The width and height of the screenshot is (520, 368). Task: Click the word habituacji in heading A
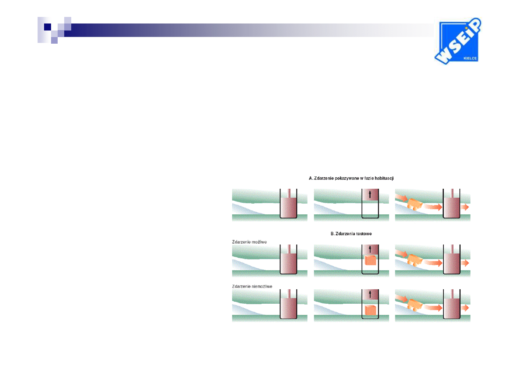tap(384, 178)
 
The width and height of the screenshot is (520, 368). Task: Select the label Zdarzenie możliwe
tap(250, 242)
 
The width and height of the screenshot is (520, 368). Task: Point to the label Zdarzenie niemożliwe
tap(252, 286)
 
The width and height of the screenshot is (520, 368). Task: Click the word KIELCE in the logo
tap(470, 59)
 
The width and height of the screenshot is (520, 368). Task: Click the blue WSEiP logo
tap(457, 41)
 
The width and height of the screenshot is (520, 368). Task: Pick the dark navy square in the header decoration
tap(48, 27)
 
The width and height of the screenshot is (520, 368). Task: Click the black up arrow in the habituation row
tap(370, 195)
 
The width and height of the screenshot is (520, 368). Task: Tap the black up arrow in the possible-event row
tap(370, 249)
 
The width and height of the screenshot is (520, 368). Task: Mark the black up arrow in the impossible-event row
tap(370, 294)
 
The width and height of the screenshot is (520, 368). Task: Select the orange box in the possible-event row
tap(370, 260)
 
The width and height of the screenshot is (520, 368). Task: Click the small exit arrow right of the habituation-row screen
tap(465, 207)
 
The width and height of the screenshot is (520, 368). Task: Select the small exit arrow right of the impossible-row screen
tap(465, 308)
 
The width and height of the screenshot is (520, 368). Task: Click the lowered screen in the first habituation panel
tap(289, 207)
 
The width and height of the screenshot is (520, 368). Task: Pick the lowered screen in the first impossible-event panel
tap(289, 308)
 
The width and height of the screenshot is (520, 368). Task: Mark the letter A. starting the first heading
tap(310, 178)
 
